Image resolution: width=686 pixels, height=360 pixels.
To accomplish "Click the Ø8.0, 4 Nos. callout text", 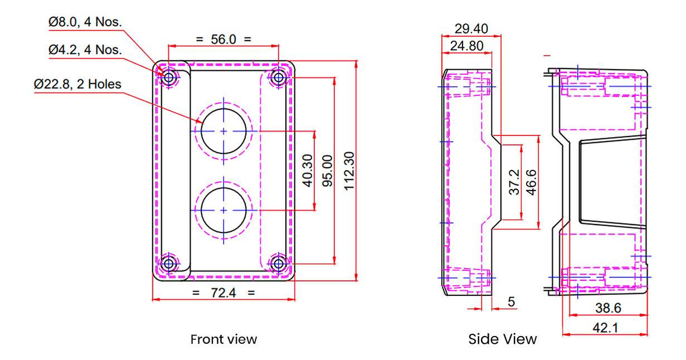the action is point(85,22).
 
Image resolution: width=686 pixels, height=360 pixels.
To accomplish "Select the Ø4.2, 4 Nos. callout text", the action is point(85,50).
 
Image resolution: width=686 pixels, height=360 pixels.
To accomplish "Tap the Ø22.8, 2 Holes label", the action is point(77,84).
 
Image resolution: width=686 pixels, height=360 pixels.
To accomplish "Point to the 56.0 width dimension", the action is point(223,39).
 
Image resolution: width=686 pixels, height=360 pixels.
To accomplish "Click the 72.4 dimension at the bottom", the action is point(223,293).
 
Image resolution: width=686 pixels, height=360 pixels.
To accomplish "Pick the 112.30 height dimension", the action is point(349,171).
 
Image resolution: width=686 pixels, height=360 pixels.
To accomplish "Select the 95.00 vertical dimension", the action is point(327,171).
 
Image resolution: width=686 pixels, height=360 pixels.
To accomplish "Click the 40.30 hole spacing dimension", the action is point(308,171).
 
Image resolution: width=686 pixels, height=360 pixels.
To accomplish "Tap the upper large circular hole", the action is point(223,131).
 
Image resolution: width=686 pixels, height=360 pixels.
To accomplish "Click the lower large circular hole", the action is point(223,211).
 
